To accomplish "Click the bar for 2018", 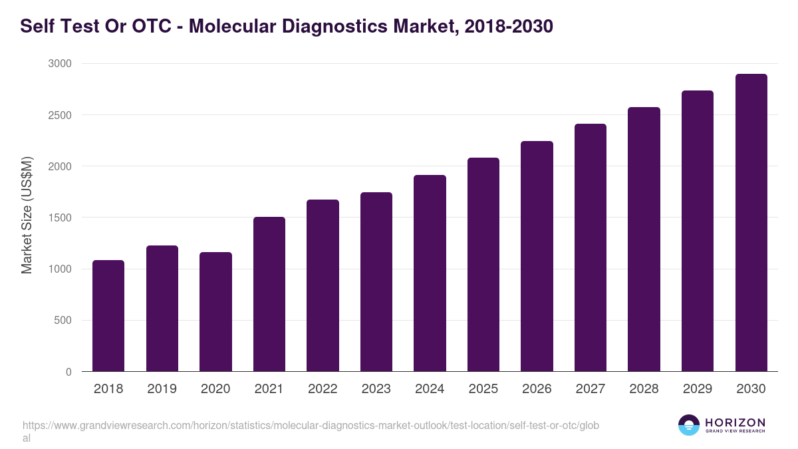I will (108, 316).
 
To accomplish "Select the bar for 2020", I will (215, 312).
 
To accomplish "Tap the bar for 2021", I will (269, 294).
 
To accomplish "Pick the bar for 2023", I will (376, 282).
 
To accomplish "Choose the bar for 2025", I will (483, 265).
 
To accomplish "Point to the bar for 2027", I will (591, 247).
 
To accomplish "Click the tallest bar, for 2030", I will (751, 223).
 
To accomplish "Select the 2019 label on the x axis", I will (162, 389).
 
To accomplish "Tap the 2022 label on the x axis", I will (323, 389).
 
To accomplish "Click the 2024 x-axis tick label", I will (430, 389).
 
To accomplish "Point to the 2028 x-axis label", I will (644, 389).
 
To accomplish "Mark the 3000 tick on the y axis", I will (59, 64).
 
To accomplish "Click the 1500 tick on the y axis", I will (59, 218).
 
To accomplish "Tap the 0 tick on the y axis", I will (68, 372).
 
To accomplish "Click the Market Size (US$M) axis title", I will (27, 216).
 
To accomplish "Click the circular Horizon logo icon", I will (689, 425).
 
